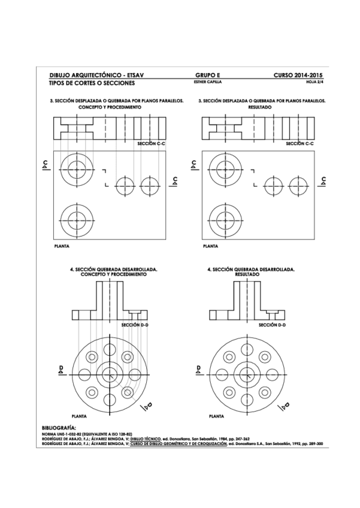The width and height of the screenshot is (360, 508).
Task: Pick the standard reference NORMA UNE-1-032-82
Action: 62,433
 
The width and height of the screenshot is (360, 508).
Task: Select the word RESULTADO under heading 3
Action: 260,107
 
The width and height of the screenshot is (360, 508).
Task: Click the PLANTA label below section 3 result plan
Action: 210,246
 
